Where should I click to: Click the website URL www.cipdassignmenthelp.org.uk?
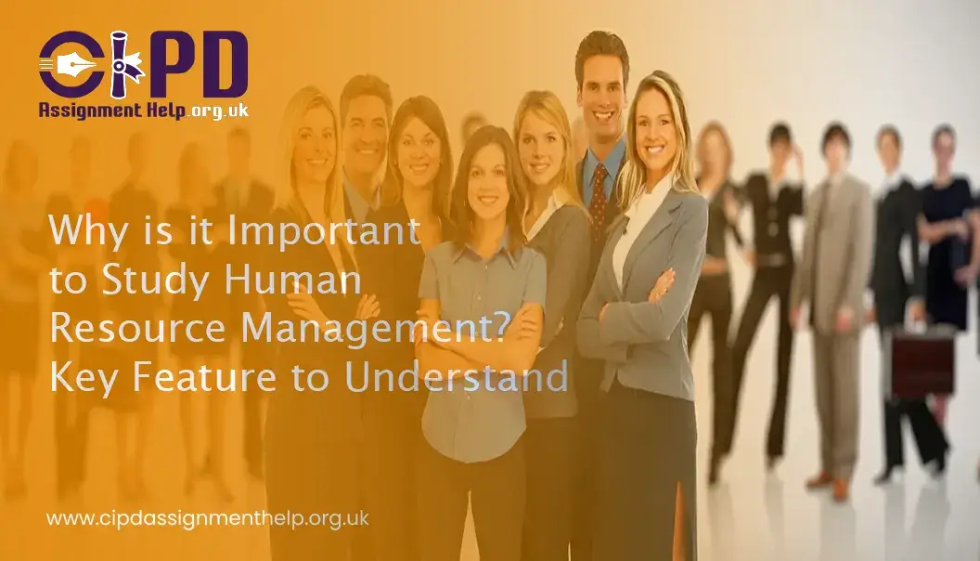pos(208,518)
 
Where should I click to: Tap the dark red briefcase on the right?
pos(922,362)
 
